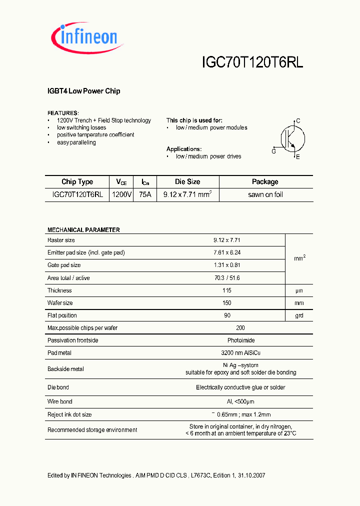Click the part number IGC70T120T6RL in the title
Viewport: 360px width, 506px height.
[252, 62]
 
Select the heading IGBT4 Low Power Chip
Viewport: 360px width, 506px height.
[83, 91]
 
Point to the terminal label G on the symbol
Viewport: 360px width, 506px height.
[273, 151]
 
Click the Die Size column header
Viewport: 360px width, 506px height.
[187, 182]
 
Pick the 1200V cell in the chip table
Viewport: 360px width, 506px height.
[122, 194]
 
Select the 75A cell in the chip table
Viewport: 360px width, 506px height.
[145, 194]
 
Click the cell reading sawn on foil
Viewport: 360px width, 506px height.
[265, 194]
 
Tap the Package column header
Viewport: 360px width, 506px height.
[265, 182]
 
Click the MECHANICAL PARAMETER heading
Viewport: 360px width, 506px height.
[83, 230]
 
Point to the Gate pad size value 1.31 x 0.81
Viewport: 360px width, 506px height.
[227, 265]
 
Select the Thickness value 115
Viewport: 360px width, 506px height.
[227, 290]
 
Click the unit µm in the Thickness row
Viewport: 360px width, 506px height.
[299, 290]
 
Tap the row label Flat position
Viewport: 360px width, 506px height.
[62, 315]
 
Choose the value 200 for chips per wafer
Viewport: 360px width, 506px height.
[240, 328]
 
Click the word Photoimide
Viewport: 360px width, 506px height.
[240, 340]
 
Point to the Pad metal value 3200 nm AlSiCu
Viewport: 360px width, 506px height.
[240, 353]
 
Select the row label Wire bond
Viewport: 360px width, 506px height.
[60, 401]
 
